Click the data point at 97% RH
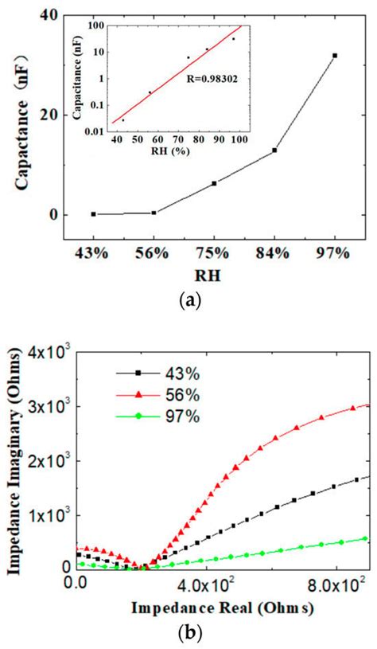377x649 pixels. click(335, 56)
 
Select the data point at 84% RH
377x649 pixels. click(274, 150)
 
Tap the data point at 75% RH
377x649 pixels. click(214, 183)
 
